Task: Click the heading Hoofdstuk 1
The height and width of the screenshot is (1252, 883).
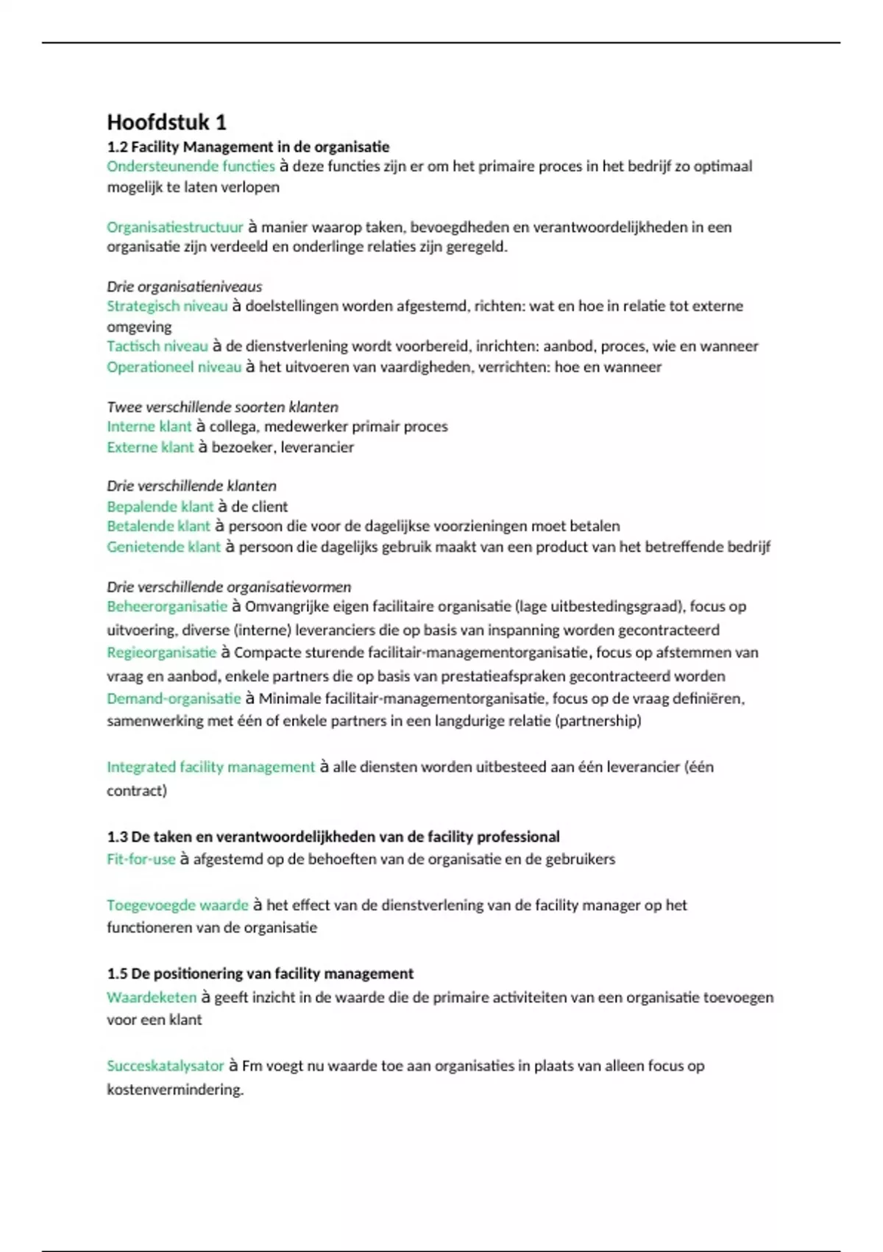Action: point(166,122)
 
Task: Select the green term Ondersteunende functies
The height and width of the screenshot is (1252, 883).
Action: point(191,166)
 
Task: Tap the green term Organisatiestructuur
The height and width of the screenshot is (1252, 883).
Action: point(174,227)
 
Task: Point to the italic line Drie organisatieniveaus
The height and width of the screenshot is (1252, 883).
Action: point(184,286)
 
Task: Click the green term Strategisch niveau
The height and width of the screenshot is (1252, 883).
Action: point(167,306)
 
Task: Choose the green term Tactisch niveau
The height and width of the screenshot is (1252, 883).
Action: point(157,346)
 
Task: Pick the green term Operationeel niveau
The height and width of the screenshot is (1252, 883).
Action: point(174,367)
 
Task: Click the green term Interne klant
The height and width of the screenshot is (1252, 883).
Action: point(149,426)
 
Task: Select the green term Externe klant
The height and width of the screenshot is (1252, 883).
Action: point(150,447)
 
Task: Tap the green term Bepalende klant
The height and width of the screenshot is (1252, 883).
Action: point(160,507)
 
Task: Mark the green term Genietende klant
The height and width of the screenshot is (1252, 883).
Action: point(163,546)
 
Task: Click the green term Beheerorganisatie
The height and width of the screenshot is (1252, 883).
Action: point(167,607)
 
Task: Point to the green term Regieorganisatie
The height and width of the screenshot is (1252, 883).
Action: point(161,653)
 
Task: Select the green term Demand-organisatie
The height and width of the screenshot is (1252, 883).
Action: point(174,698)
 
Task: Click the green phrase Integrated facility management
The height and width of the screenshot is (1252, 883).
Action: point(210,767)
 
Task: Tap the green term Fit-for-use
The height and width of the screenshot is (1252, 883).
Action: point(141,859)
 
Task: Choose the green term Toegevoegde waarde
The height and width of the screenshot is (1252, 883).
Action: point(177,905)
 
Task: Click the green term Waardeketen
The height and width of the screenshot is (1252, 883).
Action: point(152,997)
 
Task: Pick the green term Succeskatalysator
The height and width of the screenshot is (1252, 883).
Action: point(165,1066)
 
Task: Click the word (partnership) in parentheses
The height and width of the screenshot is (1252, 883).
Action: point(597,721)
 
